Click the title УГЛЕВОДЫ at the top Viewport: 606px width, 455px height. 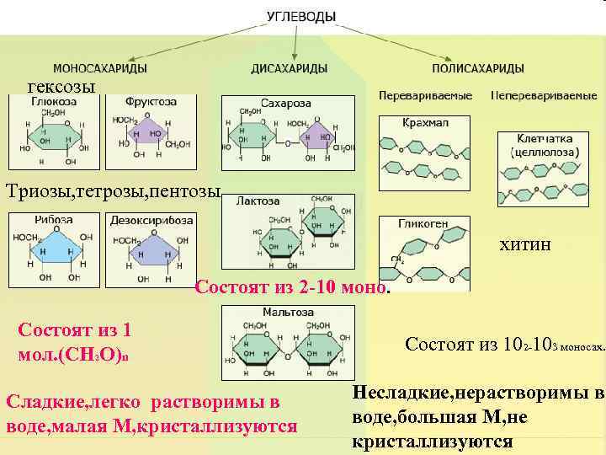coord(301,16)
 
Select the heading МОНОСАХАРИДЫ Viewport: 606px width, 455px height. coord(100,68)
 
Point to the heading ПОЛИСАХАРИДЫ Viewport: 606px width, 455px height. coord(477,68)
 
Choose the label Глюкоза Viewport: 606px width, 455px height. coord(54,101)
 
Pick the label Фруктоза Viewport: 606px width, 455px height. coord(151,101)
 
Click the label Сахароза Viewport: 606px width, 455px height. coord(286,103)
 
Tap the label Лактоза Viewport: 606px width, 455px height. coord(258,202)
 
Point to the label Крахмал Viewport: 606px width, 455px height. coord(424,122)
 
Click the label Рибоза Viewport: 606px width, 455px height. coord(54,220)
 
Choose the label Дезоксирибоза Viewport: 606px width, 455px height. coord(151,220)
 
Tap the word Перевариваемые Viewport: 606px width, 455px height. coord(425,95)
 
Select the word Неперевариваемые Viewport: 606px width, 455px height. coord(543,95)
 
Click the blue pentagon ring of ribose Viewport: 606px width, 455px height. coord(54,253)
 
